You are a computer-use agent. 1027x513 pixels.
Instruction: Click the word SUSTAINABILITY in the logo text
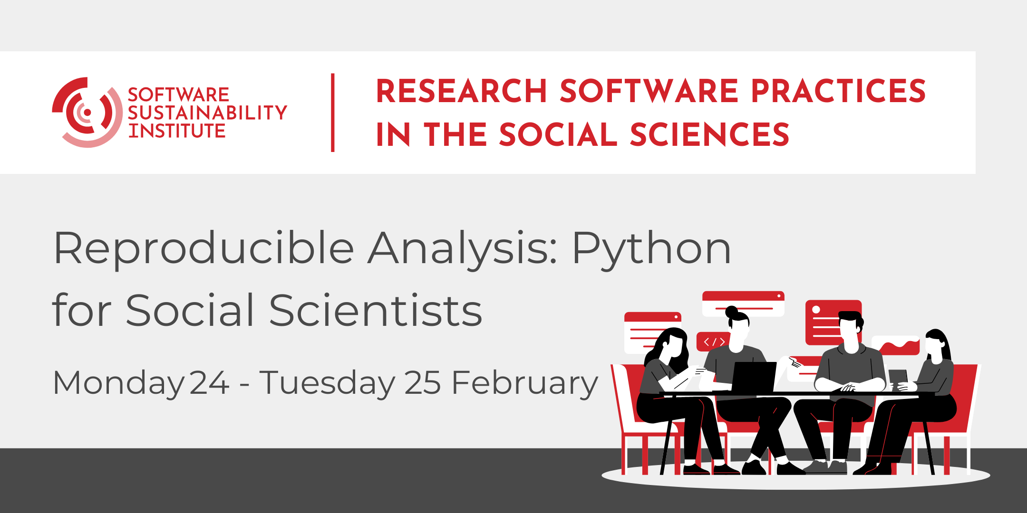tap(207, 113)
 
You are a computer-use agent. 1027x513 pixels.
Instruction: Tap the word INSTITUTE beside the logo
tap(177, 131)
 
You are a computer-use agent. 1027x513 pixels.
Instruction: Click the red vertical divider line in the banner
tap(333, 113)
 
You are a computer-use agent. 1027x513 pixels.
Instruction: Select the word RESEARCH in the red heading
tap(461, 91)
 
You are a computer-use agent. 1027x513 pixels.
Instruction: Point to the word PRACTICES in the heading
tap(838, 91)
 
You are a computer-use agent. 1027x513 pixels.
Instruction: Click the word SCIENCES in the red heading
tap(709, 134)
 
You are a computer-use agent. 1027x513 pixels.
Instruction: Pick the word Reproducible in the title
tap(204, 248)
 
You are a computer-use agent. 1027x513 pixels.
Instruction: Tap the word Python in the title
tap(651, 248)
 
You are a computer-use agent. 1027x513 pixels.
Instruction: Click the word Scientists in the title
tap(376, 310)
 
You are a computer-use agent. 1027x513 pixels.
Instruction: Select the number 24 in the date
tap(209, 383)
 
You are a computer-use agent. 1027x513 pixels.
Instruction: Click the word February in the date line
tap(524, 383)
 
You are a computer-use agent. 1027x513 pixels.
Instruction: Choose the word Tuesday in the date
tap(328, 383)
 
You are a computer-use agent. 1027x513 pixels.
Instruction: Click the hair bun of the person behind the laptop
tap(731, 312)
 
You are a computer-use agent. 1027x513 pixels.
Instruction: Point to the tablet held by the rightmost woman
tap(898, 377)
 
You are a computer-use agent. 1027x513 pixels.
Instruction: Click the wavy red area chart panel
tap(896, 345)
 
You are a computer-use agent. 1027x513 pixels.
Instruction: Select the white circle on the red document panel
tap(816, 310)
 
